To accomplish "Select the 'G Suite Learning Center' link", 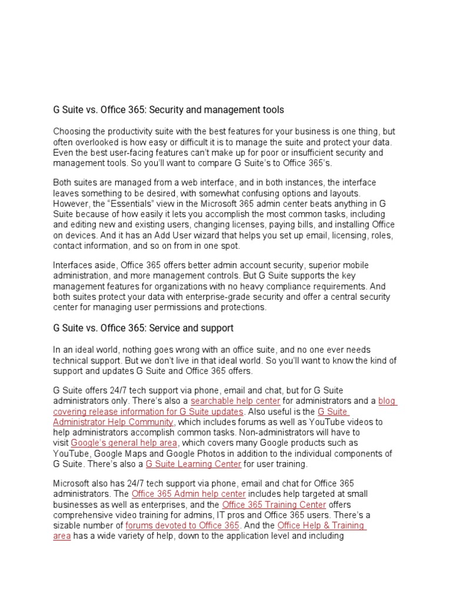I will [x=194, y=464].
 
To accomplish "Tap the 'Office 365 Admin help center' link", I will [x=189, y=494].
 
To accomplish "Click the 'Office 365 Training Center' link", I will [x=274, y=504].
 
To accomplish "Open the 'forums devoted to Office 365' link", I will [x=182, y=525].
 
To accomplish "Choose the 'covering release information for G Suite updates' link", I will [x=148, y=412].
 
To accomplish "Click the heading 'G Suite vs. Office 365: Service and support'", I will [x=143, y=327].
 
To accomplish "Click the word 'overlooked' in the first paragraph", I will [x=96, y=142].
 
